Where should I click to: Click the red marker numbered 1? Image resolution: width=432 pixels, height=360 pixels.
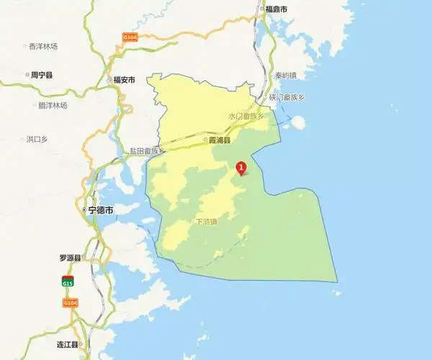click(x=241, y=168)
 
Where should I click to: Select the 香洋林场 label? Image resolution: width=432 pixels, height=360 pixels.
click(x=43, y=46)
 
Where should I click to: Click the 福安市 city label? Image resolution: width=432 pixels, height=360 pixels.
click(x=124, y=80)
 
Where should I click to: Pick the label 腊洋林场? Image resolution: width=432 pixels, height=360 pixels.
click(x=53, y=105)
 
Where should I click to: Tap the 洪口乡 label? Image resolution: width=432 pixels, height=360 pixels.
click(x=37, y=138)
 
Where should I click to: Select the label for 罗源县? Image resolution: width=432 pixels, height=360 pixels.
click(x=71, y=257)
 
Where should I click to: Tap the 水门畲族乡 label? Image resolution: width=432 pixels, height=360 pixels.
click(x=246, y=115)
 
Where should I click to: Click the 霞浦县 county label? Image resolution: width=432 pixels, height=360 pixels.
click(x=219, y=140)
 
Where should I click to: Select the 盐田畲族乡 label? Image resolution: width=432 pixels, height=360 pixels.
click(x=147, y=151)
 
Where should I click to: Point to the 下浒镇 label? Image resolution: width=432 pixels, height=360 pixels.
click(x=206, y=222)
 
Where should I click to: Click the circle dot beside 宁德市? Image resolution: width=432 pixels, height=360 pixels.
click(x=84, y=210)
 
